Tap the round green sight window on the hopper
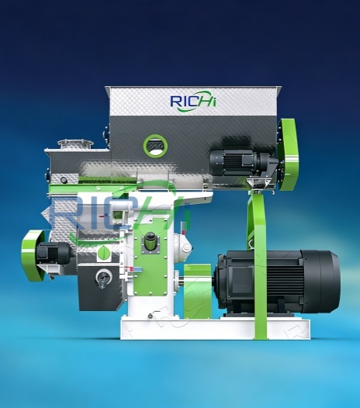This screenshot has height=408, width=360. [154, 144]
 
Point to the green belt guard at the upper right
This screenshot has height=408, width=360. [288, 154]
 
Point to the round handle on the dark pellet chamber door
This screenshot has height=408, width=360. [101, 277]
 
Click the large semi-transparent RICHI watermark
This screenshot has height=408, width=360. [116, 213]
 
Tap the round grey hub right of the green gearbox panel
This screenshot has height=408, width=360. [183, 247]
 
